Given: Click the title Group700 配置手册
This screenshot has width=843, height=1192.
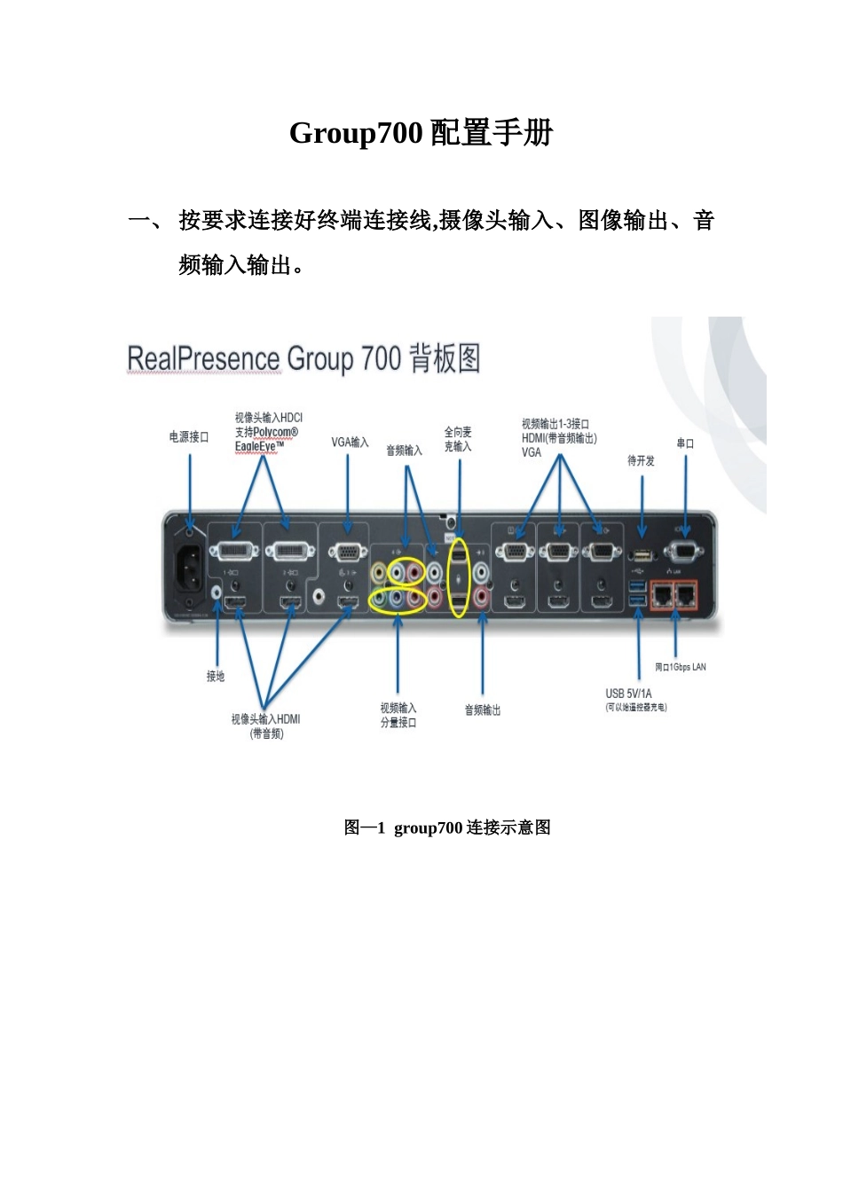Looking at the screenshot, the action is pos(421,133).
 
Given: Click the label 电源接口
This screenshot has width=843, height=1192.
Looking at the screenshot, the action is pos(189,437).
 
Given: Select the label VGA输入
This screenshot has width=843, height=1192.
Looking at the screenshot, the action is pos(350,442).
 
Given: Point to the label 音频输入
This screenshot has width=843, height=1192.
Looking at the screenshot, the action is pos(404,451).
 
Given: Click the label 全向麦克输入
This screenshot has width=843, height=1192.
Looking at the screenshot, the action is pos(458,439).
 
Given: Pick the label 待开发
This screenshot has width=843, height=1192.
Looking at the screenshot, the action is pos(641,460).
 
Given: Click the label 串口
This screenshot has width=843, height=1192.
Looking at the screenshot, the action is pos(685,443).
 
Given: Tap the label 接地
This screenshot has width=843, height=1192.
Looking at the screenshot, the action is pos(216,676).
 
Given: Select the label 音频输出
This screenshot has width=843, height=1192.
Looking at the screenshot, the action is pos(483,710).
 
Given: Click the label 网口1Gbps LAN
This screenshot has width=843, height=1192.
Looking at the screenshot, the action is pos(681,667).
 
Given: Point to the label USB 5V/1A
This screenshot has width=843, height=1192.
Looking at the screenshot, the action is pos(629,694).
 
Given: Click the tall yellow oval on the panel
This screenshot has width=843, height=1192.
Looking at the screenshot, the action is pos(458,577).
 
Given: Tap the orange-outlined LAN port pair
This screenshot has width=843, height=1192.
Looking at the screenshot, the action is pos(674,595).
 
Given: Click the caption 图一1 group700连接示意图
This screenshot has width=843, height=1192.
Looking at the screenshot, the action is pos(447,827).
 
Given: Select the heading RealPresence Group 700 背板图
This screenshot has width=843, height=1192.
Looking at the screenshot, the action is pos(303,359).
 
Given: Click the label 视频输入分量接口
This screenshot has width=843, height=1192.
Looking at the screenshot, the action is pos(398,715).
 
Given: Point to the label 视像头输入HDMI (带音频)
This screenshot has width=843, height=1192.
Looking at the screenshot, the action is pos(266,725).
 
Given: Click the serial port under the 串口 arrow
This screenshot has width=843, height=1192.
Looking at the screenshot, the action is pos(684,552).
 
